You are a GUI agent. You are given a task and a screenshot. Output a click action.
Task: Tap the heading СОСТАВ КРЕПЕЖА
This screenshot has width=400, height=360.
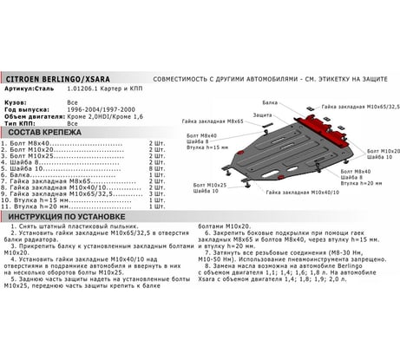45,131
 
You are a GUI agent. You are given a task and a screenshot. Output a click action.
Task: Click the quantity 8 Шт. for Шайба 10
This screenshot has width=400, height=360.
157,167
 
